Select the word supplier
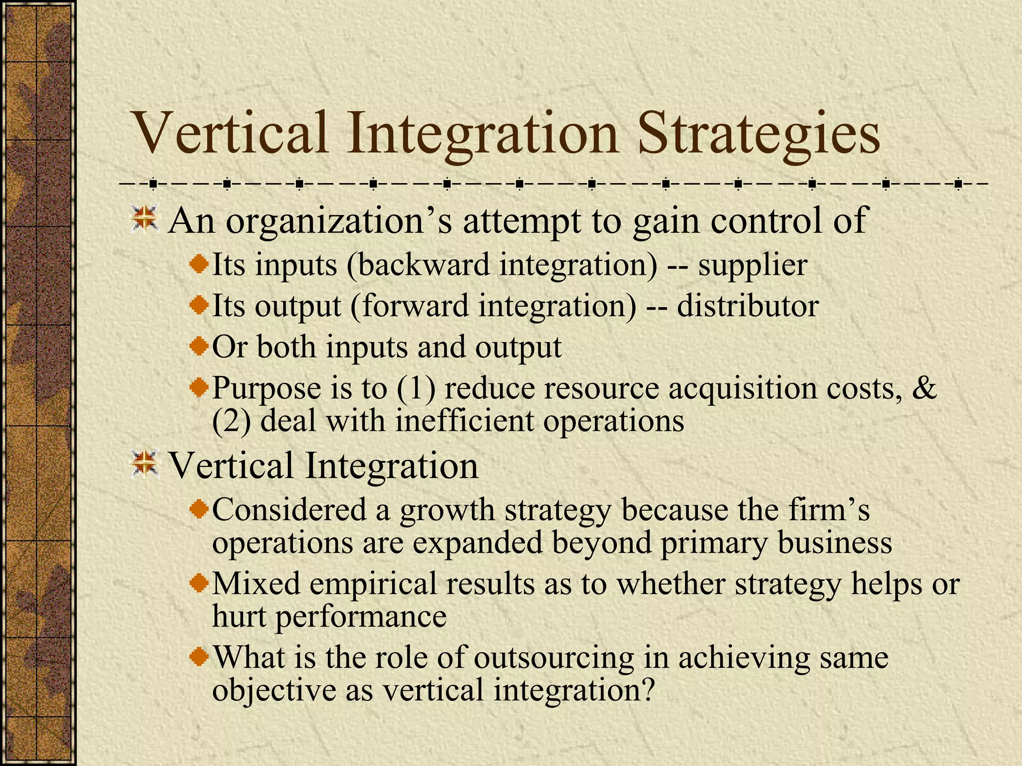pyautogui.click(x=752, y=265)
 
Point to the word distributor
pyautogui.click(x=747, y=306)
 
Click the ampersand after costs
pyautogui.click(x=924, y=387)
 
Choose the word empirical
pyautogui.click(x=372, y=583)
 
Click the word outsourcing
pyautogui.click(x=553, y=657)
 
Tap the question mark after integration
pyautogui.click(x=647, y=691)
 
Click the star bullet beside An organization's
pyautogui.click(x=145, y=219)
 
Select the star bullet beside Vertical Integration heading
pyautogui.click(x=145, y=464)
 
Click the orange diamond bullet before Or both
pyautogui.click(x=200, y=345)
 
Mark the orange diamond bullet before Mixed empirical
pyautogui.click(x=200, y=581)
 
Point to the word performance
pyautogui.click(x=360, y=616)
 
